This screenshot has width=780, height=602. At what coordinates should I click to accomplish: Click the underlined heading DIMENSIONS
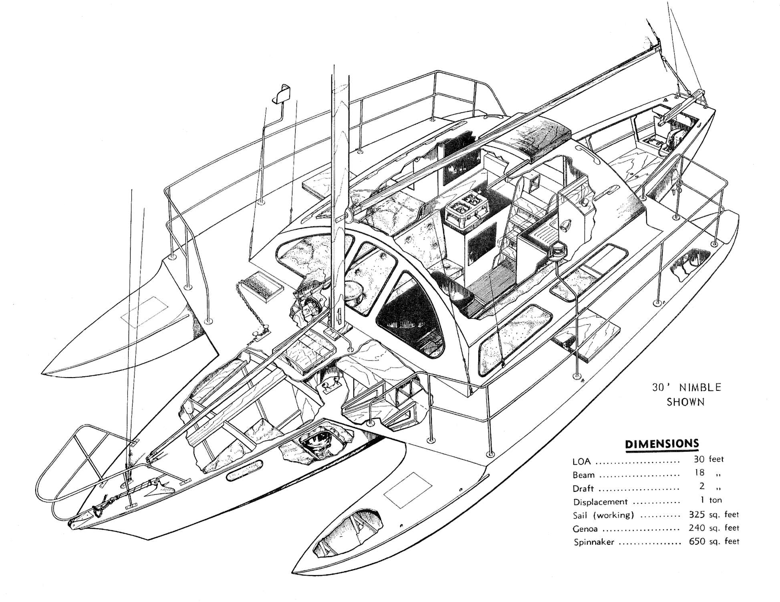pyautogui.click(x=662, y=444)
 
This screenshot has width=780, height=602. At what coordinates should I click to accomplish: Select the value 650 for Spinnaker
pyautogui.click(x=697, y=541)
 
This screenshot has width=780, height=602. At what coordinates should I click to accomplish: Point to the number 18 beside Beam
pyautogui.click(x=699, y=473)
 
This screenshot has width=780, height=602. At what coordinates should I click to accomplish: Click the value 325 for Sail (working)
pyautogui.click(x=697, y=514)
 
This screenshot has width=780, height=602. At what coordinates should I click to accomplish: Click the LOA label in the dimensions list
pyautogui.click(x=582, y=461)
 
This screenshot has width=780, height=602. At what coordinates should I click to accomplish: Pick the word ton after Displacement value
pyautogui.click(x=715, y=500)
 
